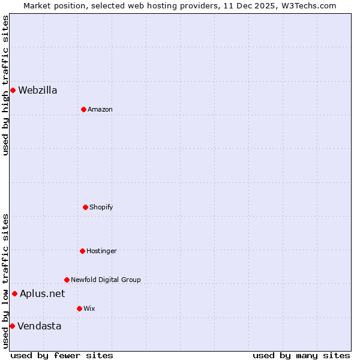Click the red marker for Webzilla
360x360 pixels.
[13, 90]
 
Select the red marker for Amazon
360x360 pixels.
[83, 109]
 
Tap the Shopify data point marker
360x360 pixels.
[85, 207]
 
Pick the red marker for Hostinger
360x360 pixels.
[82, 251]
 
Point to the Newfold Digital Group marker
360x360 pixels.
[67, 280]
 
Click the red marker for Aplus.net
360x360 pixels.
[14, 293]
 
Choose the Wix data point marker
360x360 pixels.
[79, 308]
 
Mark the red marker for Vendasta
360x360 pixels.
[12, 326]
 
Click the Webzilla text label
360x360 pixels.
[38, 90]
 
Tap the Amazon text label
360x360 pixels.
[100, 109]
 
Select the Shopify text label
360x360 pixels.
[101, 207]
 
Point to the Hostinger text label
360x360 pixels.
[101, 251]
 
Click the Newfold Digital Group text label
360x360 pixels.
[106, 280]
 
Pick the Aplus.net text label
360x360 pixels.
[43, 293]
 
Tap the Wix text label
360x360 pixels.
[89, 308]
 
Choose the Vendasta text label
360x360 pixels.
[40, 326]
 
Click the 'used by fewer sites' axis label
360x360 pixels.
[62, 355]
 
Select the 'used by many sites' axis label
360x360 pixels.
[301, 355]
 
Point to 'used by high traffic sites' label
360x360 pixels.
[5, 85]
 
